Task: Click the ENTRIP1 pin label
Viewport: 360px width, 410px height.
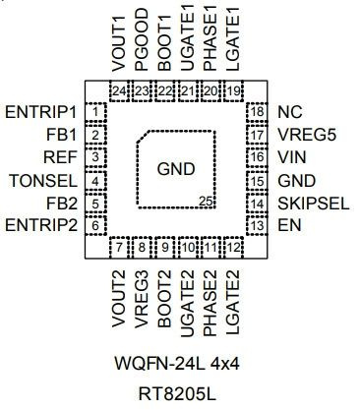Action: [40, 112]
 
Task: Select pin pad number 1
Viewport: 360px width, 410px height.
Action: [95, 112]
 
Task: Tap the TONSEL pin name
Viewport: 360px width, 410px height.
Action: [43, 181]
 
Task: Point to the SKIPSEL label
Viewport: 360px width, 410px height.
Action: [314, 204]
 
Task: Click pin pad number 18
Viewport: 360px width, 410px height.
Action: [257, 112]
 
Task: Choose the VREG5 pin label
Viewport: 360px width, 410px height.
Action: [307, 135]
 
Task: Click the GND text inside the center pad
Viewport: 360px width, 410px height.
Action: [176, 169]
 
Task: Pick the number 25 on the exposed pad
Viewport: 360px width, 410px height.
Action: [207, 202]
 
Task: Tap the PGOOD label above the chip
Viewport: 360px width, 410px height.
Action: [142, 39]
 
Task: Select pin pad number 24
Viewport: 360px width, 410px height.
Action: [119, 90]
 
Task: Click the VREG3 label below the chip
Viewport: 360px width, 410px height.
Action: [142, 299]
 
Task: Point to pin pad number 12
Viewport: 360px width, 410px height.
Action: [234, 248]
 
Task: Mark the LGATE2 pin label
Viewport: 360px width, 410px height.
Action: [233, 303]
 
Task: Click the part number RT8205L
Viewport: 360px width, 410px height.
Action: [177, 394]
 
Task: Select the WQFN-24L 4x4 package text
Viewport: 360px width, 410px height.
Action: [177, 364]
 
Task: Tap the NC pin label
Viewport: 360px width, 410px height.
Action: [290, 112]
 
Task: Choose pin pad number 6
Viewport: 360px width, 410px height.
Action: [95, 226]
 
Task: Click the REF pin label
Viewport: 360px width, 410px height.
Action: [60, 157]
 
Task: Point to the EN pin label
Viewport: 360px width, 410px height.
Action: [289, 226]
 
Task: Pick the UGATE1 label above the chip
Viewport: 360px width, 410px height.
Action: [188, 37]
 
